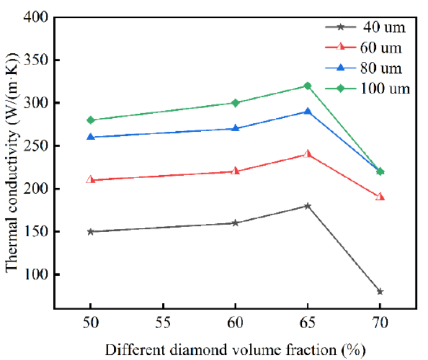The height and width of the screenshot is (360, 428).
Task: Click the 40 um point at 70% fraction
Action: tap(380, 291)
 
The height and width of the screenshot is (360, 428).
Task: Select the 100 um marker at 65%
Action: tap(307, 86)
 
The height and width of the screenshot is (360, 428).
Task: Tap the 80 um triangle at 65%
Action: tap(307, 111)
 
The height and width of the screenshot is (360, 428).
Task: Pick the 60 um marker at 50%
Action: tap(90, 179)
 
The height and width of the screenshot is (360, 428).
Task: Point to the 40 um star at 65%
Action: tap(307, 205)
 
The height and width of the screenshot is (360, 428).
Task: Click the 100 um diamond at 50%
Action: tap(90, 120)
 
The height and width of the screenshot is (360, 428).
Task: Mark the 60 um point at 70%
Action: tap(380, 196)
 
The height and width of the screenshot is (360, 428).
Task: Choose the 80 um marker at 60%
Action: tap(235, 128)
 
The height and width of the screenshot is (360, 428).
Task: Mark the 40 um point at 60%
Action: tap(235, 223)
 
